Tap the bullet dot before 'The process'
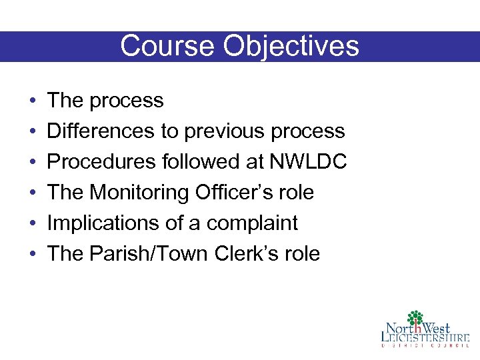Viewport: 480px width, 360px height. coord(33,101)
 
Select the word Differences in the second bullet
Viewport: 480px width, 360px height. coord(101,131)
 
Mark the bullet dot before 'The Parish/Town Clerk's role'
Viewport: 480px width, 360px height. coord(33,254)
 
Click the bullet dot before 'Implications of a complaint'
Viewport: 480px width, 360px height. coord(33,223)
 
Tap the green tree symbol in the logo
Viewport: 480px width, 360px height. coord(416,318)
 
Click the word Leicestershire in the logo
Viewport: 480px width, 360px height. coord(425,337)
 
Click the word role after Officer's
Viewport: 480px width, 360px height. coord(297,193)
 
